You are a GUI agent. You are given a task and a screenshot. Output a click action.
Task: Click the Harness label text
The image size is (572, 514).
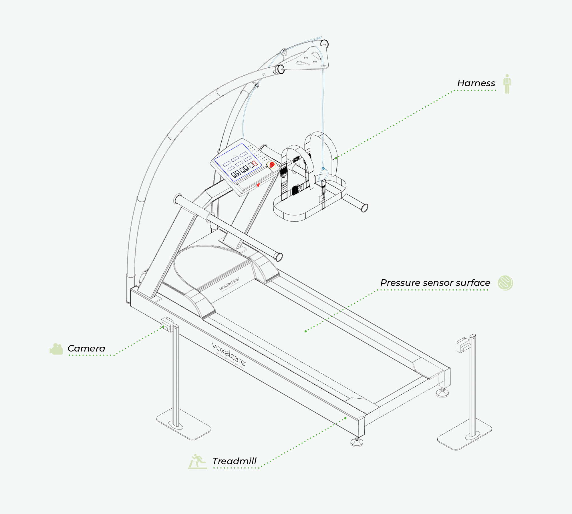coord(476,83)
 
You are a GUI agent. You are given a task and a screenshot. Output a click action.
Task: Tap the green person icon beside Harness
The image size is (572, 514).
coord(507,84)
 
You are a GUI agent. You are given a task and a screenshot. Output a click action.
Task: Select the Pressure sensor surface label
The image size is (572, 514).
coord(435,283)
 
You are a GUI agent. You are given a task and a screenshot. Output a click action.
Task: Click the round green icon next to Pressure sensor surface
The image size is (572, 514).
coord(505,283)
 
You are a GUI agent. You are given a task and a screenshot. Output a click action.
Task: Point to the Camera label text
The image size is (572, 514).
coord(86,348)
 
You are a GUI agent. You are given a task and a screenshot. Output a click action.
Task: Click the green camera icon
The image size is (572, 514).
coord(57,349)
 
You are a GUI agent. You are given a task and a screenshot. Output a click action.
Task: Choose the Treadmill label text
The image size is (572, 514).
coord(234,461)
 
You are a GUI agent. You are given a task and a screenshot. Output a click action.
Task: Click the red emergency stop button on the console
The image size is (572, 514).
coord(272,165)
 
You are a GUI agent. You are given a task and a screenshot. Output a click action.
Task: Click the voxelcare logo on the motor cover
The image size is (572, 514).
coord(229,284)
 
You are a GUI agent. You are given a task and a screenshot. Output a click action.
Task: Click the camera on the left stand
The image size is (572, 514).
coord(167,324)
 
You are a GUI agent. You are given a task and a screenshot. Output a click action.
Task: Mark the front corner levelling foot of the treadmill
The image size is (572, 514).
coord(357,442)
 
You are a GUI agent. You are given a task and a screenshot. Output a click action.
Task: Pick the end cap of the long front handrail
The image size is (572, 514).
coord(278,257)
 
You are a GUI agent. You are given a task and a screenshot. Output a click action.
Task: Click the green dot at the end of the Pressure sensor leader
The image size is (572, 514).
coord(306,331)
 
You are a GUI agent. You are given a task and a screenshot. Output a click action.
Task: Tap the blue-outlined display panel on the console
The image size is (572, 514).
coord(237,162)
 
